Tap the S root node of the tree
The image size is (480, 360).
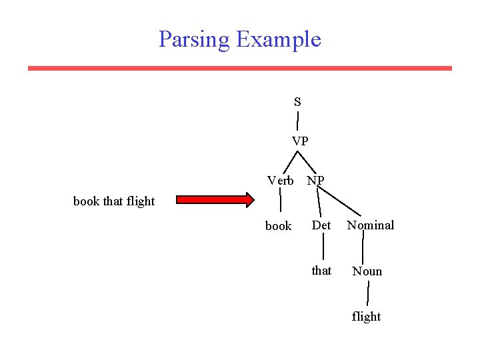coord(297,102)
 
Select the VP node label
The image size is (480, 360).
coord(300,141)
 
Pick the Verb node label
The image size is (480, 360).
coord(280,181)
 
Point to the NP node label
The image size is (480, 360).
coord(316,181)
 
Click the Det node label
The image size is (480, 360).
coord(321,225)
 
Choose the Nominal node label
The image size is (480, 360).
coord(371,225)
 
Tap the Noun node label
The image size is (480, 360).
coord(367,271)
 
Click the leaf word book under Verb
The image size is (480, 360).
coord(278,226)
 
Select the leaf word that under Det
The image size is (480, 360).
coord(321,271)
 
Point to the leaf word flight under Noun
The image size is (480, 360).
coord(367,317)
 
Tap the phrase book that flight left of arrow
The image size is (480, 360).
coord(114,201)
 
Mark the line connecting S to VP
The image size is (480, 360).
coord(297,121)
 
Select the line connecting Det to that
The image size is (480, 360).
coord(323,248)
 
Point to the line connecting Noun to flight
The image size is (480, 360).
coord(368,293)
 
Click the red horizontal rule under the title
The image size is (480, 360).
coord(239,68)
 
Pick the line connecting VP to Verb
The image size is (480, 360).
coord(289,162)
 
